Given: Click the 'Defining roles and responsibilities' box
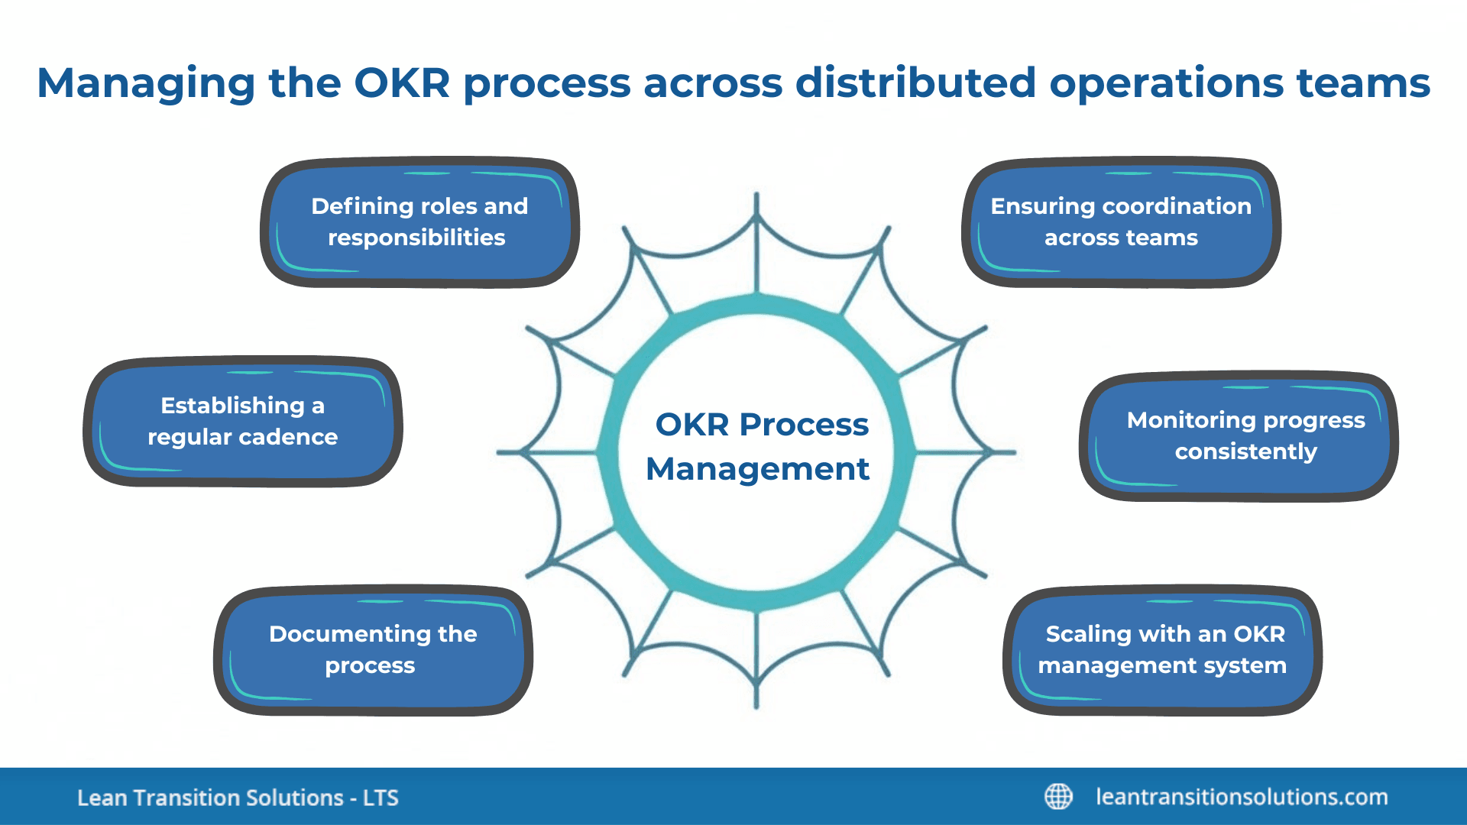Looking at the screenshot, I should [419, 222].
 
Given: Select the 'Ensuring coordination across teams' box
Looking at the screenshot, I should [1120, 222].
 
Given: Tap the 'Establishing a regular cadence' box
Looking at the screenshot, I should [242, 421].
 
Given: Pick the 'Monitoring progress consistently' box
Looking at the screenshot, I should [1245, 436].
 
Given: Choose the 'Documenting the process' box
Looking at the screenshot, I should [373, 650].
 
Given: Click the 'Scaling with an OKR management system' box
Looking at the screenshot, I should [1162, 650].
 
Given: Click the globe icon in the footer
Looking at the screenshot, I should [1058, 797].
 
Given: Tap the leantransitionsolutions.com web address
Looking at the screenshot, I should [1242, 797].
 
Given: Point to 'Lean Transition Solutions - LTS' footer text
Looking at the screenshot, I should [238, 797].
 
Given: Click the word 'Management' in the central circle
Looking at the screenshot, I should [757, 469].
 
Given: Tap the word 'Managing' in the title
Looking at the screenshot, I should [146, 84].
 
